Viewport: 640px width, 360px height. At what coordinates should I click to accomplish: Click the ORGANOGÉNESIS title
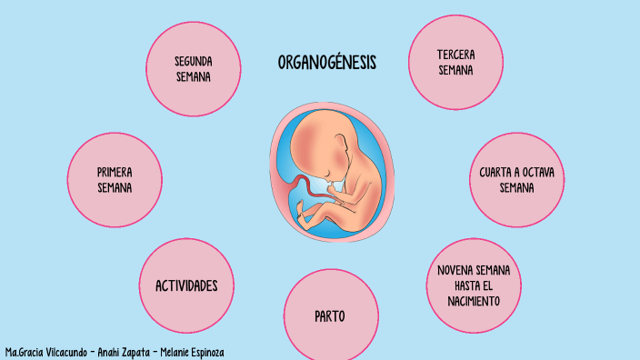pyautogui.click(x=326, y=63)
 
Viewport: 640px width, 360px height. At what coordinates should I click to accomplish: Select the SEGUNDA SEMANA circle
pyautogui.click(x=193, y=68)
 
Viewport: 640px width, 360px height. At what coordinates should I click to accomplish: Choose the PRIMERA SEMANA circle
pyautogui.click(x=115, y=180)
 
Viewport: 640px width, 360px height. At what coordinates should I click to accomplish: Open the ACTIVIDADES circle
pyautogui.click(x=186, y=285)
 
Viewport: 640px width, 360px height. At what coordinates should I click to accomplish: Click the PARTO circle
pyautogui.click(x=329, y=316)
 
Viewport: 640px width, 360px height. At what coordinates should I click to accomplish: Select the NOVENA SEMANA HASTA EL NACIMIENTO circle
pyautogui.click(x=473, y=285)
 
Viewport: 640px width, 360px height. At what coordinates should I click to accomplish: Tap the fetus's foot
pyautogui.click(x=307, y=218)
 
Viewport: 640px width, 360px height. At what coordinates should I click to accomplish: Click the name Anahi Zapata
pyautogui.click(x=120, y=352)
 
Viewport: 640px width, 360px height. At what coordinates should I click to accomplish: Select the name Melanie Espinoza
pyautogui.click(x=192, y=352)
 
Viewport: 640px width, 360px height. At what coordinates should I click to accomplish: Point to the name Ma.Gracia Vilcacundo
pyautogui.click(x=42, y=352)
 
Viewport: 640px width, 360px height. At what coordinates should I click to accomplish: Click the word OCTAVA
pyautogui.click(x=532, y=172)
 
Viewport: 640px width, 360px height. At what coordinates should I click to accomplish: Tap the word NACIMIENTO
pyautogui.click(x=473, y=300)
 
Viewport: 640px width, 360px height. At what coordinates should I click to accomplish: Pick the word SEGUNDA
pyautogui.click(x=194, y=60)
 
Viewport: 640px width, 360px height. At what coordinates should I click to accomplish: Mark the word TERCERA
pyautogui.click(x=455, y=55)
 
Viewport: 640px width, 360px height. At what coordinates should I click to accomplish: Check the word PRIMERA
pyautogui.click(x=115, y=172)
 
